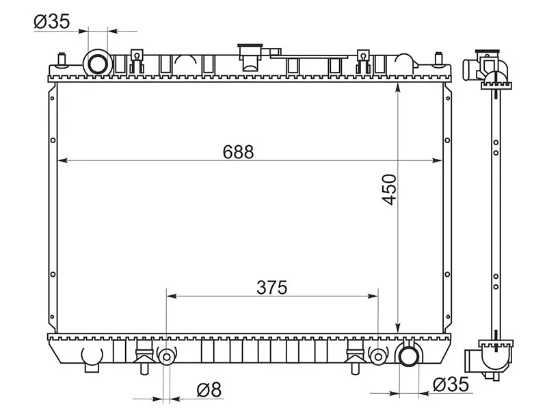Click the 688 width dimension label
click(238, 152)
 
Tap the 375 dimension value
click(272, 287)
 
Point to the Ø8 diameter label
click(209, 390)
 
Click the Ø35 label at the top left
click(51, 22)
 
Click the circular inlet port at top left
click(97, 63)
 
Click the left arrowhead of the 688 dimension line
click(62, 161)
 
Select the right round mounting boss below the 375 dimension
click(378, 356)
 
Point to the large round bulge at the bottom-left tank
click(91, 355)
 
